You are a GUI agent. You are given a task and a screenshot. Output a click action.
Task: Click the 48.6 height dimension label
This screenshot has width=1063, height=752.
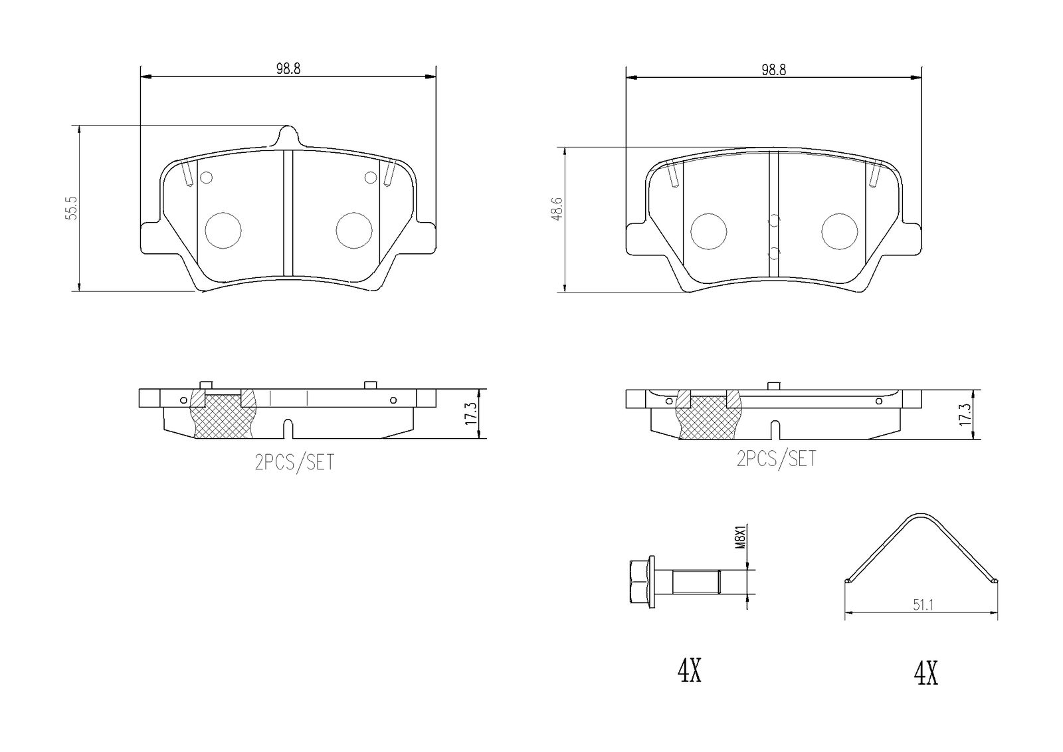coord(557,209)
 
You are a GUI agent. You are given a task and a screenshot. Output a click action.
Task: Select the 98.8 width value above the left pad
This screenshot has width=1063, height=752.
coord(288,69)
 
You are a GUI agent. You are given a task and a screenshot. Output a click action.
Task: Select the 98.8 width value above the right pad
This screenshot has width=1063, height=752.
coord(774,70)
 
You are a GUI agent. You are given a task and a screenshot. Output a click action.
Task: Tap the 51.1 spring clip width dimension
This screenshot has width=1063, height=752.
coord(923,605)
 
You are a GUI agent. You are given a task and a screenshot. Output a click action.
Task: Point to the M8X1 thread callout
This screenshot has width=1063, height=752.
coord(741,537)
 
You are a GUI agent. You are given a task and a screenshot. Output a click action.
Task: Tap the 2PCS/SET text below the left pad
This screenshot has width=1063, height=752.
coord(295,462)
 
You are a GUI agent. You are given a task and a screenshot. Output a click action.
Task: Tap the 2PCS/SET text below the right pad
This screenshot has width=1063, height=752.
coord(777,459)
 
